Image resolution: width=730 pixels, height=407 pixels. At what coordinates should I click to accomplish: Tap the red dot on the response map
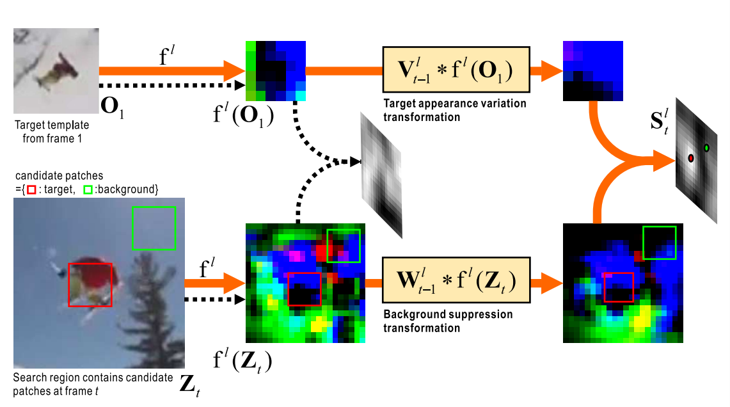point(691,157)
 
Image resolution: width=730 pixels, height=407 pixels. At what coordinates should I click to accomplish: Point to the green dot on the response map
point(706,148)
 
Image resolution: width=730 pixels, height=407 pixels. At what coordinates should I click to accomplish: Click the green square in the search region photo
point(153,228)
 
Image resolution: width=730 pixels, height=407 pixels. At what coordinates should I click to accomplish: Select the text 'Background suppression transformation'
point(448,321)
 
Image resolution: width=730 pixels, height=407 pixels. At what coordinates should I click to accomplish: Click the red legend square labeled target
point(30,189)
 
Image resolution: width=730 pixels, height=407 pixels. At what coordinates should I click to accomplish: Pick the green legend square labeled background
point(88,189)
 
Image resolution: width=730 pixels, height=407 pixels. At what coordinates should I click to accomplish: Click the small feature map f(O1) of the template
point(276,70)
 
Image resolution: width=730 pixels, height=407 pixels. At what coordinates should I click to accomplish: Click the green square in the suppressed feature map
point(658,243)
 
